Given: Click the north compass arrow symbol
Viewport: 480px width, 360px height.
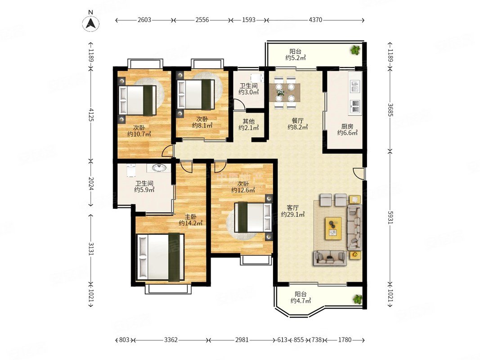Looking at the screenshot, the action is coord(90,22).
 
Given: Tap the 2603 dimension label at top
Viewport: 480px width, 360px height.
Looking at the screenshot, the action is coord(144,20).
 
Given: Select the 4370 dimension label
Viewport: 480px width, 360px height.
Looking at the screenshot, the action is coord(315,20).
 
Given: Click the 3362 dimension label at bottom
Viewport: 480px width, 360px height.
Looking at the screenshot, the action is coord(171,340).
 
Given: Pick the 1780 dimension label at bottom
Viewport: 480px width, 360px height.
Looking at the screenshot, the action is coord(345,340).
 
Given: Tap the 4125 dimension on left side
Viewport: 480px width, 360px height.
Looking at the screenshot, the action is coord(90,113).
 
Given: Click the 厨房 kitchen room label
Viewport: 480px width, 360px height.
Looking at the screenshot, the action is coord(347,126).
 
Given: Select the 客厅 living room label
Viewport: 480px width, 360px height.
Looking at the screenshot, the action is coord(292,208).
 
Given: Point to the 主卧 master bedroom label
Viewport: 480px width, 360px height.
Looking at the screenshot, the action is coord(190,217).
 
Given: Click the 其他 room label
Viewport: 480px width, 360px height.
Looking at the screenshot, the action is coord(248,121).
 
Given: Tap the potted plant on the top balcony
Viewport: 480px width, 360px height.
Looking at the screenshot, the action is coord(355,50).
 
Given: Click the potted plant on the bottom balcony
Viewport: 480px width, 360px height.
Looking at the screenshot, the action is coord(357,299).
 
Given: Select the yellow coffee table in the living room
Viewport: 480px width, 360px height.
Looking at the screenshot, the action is coord(333,228).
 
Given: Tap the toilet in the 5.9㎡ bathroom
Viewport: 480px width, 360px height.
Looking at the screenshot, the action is coord(131,170).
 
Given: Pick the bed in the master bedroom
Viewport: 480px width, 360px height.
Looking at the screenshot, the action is coord(161,257).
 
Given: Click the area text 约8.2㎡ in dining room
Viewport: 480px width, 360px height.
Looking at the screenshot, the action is coord(297,127).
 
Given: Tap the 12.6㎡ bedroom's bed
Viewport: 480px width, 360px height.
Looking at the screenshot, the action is coord(253,217).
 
